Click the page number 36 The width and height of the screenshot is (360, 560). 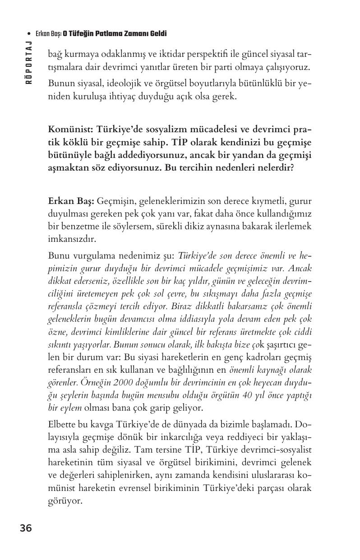pos(26,528)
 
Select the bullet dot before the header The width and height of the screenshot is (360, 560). pos(29,34)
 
